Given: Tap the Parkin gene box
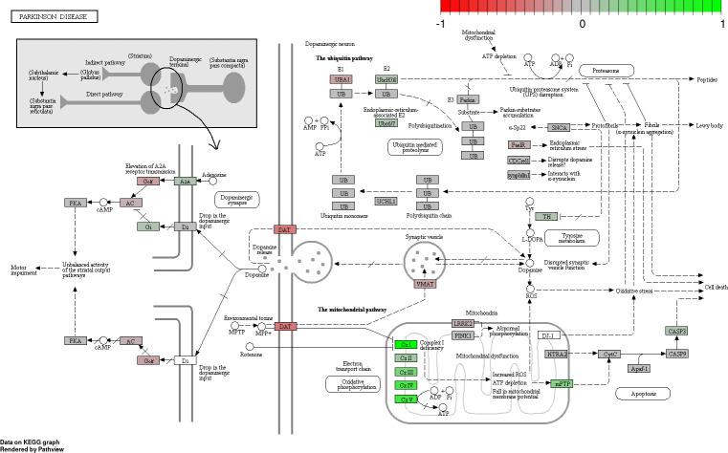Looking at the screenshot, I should tap(467, 99).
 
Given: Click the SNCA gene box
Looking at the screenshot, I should tap(561, 126).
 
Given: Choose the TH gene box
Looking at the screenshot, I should tap(546, 216).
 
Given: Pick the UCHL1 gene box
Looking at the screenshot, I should tap(386, 202).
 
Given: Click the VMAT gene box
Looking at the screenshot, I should tap(425, 284).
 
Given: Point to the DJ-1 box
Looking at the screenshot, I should tap(547, 335).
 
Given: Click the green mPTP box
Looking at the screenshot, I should tap(562, 383).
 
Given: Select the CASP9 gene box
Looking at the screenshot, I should tap(677, 355).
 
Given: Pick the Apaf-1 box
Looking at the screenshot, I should tap(640, 368).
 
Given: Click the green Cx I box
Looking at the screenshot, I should tap(407, 343).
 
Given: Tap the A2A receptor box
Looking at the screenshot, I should tap(186, 181).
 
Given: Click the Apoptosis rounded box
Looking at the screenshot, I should tap(642, 394).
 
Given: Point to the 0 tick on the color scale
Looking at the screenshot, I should tap(583, 22).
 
